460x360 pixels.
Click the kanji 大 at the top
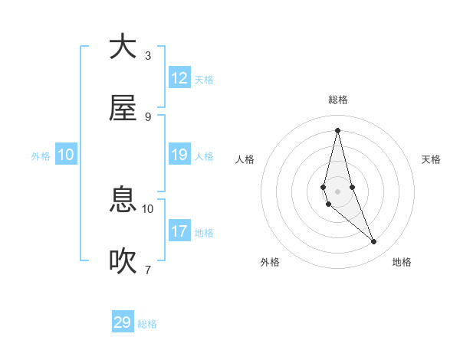(x=123, y=47)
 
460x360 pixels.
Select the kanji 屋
(x=123, y=108)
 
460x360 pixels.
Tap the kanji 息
(x=123, y=201)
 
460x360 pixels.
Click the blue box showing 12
(x=179, y=78)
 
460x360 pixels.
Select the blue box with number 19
(x=179, y=155)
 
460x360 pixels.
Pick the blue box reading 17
(x=179, y=231)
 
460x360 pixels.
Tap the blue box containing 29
(x=123, y=322)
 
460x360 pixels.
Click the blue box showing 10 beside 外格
(x=66, y=155)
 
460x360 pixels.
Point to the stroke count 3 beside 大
(x=148, y=56)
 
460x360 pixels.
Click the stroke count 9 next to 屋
(x=148, y=117)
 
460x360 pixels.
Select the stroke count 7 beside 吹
(x=148, y=270)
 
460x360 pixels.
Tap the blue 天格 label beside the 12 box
(x=204, y=80)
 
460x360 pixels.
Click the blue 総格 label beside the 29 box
(x=147, y=324)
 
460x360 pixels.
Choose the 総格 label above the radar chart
(x=338, y=100)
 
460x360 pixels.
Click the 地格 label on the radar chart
(x=402, y=262)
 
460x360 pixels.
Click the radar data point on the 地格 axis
(x=374, y=242)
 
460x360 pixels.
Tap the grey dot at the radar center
(x=338, y=191)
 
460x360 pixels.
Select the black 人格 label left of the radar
(x=245, y=159)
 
